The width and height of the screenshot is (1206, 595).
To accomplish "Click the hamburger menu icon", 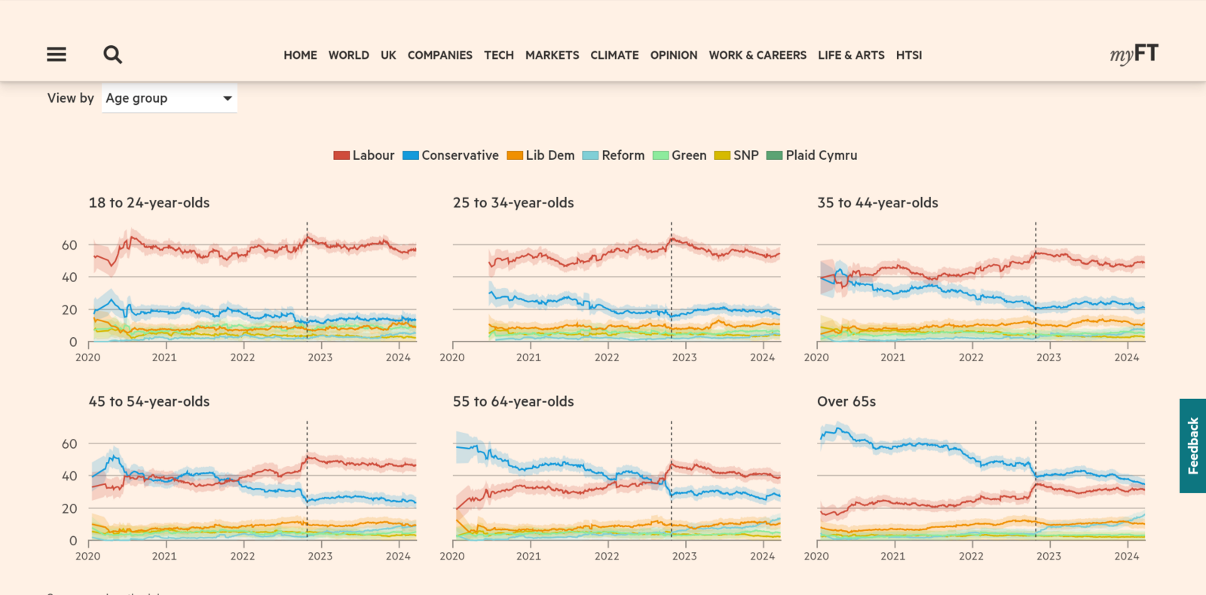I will (x=57, y=54).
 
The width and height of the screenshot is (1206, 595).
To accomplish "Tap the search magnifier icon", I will (x=112, y=54).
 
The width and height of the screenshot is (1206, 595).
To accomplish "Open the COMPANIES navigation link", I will (x=439, y=55).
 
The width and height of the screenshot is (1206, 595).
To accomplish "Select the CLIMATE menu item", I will (x=614, y=55).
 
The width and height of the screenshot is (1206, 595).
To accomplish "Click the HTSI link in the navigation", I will (x=908, y=55).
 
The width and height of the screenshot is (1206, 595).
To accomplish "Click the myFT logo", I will (x=1134, y=54).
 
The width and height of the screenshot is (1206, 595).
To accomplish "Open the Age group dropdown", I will (x=169, y=98).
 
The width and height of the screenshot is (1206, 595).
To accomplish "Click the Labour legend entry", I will (x=364, y=155).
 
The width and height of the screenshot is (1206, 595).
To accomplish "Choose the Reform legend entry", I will (x=614, y=155).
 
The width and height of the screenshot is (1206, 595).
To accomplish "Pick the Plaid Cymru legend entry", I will (x=812, y=155).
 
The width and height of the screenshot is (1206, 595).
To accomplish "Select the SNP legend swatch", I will (x=722, y=155).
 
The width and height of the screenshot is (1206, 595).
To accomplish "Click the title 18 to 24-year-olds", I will (x=149, y=203).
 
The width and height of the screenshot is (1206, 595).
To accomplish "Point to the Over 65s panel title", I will (x=846, y=402).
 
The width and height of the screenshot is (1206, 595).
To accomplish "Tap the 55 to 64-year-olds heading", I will (x=513, y=402).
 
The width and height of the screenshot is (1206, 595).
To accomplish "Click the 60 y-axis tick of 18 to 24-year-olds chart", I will (x=69, y=245).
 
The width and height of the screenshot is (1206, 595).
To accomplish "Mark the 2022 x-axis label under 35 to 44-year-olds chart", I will (x=971, y=357).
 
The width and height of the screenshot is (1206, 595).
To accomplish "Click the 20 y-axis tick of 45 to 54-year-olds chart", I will (x=69, y=508).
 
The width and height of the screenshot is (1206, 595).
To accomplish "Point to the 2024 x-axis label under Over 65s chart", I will (x=1126, y=557).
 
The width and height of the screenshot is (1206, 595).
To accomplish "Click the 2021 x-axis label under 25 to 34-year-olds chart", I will (x=528, y=357).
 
